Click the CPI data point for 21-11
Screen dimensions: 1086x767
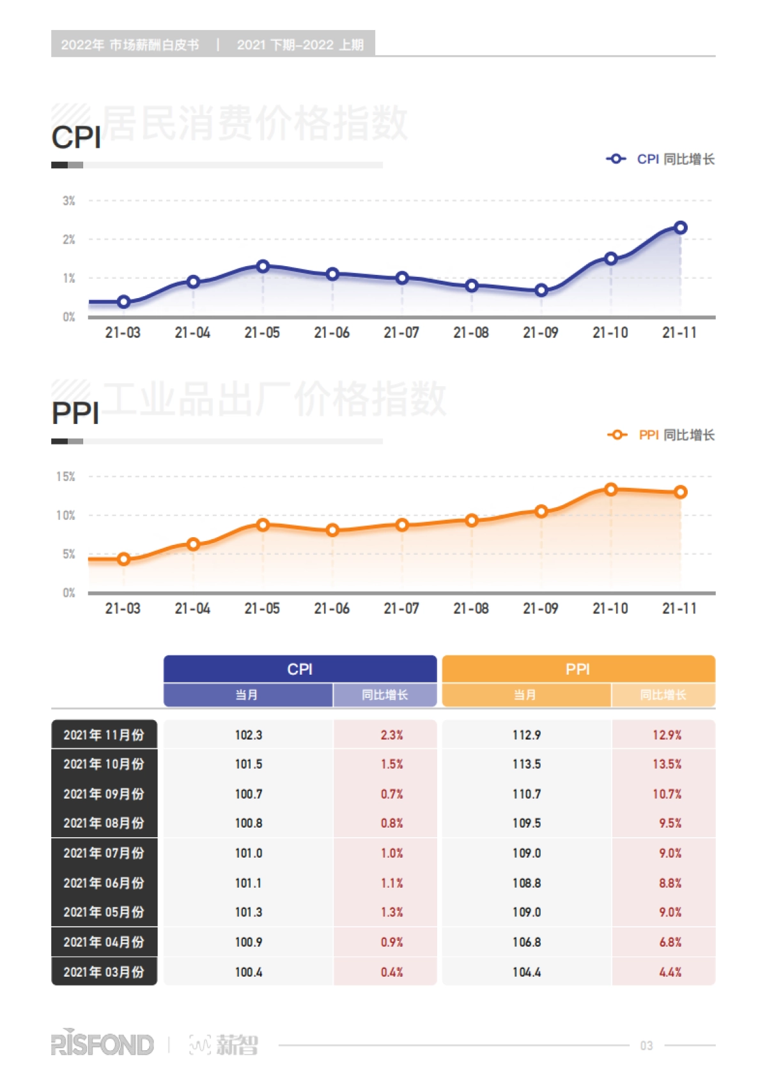pyautogui.click(x=681, y=228)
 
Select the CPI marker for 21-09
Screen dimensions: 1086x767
pyautogui.click(x=541, y=290)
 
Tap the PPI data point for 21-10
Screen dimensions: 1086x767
pyautogui.click(x=611, y=489)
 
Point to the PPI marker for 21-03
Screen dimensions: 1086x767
pyautogui.click(x=124, y=560)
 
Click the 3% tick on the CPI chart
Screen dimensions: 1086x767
pyautogui.click(x=69, y=201)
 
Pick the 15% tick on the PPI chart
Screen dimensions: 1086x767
pyautogui.click(x=66, y=476)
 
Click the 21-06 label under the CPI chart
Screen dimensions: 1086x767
pyautogui.click(x=332, y=333)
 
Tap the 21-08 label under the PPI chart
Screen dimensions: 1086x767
pyautogui.click(x=471, y=608)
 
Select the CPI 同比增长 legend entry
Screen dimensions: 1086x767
pyautogui.click(x=661, y=159)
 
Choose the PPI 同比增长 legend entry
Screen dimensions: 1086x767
pyautogui.click(x=662, y=435)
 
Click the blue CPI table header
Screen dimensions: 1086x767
pyautogui.click(x=300, y=669)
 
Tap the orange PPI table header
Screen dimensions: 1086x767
pyautogui.click(x=578, y=669)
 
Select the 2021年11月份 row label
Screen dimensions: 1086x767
pyautogui.click(x=104, y=735)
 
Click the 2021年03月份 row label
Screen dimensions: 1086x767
pyautogui.click(x=104, y=972)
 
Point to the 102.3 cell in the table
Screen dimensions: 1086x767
pyautogui.click(x=249, y=735)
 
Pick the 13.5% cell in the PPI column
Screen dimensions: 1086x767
pyautogui.click(x=667, y=764)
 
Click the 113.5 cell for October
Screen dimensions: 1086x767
pyautogui.click(x=527, y=764)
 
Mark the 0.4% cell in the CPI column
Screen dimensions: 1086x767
pyautogui.click(x=392, y=972)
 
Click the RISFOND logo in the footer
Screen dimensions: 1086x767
pyautogui.click(x=102, y=1044)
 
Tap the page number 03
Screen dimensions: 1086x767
pyautogui.click(x=646, y=1046)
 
